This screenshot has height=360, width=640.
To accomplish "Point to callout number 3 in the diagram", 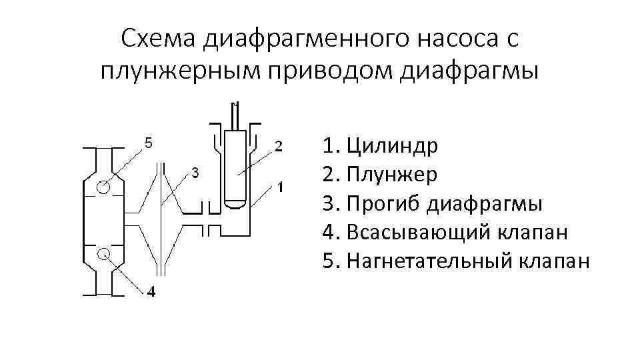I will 195,173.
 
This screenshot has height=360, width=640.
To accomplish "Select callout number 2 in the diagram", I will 279,145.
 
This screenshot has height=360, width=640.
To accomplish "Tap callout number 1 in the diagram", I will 282,187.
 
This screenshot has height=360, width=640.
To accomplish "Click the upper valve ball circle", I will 103,187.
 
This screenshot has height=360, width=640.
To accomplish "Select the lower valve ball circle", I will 103,253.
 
